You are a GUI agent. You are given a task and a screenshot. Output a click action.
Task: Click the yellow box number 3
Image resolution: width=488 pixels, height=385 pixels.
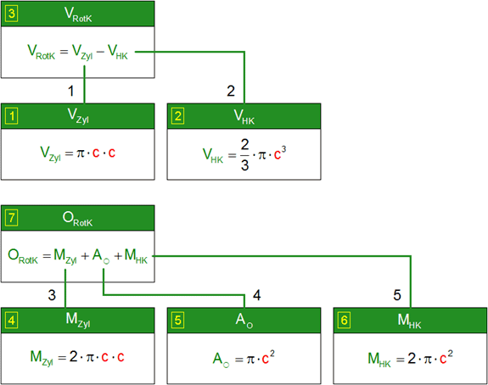pos(12,14)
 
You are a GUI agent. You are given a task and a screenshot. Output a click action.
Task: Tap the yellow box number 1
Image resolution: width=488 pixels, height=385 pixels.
pos(12,116)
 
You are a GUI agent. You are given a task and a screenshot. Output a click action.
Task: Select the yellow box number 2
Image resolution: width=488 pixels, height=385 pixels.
pos(177,116)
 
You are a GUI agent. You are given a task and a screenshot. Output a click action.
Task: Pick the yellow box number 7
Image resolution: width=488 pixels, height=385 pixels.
pos(12,218)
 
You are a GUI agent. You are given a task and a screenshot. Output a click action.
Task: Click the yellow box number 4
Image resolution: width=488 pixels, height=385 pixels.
pos(12,321)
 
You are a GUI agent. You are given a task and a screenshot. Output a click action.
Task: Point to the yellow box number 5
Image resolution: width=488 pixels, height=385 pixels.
pos(177,321)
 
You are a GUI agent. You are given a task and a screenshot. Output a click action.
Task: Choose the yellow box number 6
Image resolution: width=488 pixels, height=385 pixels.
pos(344,321)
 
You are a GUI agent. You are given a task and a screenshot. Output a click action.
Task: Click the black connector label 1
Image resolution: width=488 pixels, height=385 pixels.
pos(71,91)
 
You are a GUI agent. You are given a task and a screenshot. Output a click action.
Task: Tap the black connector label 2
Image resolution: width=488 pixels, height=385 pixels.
pos(231,91)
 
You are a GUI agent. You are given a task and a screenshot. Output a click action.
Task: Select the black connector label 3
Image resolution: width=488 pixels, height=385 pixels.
pos(52,295)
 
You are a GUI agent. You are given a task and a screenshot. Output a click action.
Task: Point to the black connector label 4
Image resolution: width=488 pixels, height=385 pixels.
pos(257,295)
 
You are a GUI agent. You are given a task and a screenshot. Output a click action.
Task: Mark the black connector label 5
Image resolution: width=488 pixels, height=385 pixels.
pos(397,295)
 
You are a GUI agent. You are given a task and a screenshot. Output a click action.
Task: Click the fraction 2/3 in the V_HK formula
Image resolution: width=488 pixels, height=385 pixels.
pos(245,155)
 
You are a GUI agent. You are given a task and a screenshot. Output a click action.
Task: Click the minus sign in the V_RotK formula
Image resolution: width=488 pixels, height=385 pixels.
pos(100,52)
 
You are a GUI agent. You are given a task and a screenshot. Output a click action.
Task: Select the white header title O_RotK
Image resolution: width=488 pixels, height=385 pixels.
pos(77,219)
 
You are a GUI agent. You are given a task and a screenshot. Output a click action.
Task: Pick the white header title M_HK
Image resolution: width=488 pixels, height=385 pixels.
pos(409,321)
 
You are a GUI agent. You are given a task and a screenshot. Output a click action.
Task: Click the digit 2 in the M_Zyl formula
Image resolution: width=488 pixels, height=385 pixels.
pos(74,356)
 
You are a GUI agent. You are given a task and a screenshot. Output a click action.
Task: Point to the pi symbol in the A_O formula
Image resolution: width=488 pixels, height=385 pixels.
pos(251,360)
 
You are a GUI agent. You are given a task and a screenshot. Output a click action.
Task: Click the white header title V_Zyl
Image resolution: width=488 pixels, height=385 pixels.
pos(78,116)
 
